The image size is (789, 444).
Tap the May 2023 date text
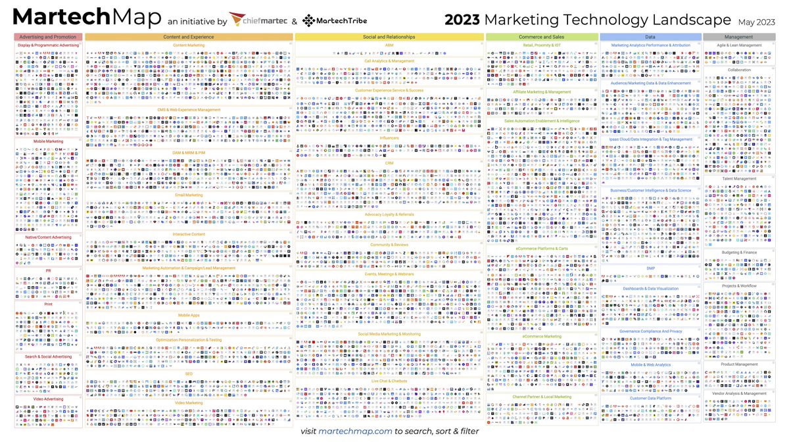[x=757, y=22]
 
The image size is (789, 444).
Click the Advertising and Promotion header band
[x=48, y=37]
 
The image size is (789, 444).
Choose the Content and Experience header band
[x=188, y=37]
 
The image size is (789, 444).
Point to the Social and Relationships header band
[x=389, y=37]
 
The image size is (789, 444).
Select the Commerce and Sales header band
[x=542, y=37]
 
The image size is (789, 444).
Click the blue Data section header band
[x=650, y=37]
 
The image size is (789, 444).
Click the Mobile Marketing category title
[x=48, y=141]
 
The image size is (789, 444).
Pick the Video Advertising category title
[x=48, y=399]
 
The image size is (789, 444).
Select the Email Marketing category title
[x=188, y=195]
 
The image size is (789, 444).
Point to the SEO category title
[x=188, y=373]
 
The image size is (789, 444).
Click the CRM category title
[x=389, y=162]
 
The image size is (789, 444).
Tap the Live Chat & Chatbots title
[x=389, y=381]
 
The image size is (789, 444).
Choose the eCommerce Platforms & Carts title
[x=542, y=249]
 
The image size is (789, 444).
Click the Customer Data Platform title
[x=650, y=398]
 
